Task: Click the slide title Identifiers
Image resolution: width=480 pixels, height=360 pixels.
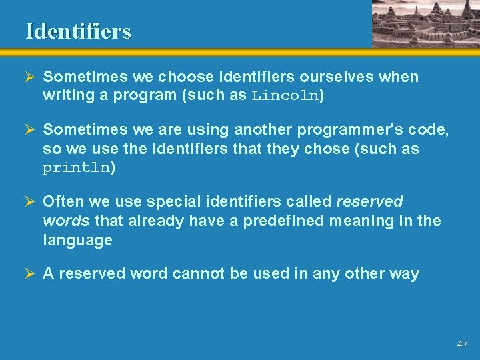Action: coord(78,31)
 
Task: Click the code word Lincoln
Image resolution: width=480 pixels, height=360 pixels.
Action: coord(285,95)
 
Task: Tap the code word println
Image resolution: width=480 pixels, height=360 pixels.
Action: coord(76,168)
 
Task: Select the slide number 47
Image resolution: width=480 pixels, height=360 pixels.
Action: coord(462,344)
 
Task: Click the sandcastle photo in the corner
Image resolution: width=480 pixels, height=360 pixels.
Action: coord(425,23)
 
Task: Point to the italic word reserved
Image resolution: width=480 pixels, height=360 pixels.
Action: coord(369,202)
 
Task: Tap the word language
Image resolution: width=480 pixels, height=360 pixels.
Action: coord(77,240)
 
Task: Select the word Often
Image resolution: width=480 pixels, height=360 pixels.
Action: coord(62,202)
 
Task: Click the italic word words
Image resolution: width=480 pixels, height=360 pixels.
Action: coord(65,221)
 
